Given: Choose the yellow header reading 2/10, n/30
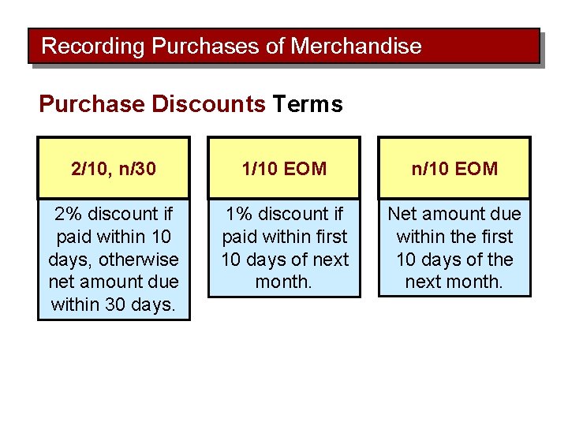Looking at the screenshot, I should tap(114, 168).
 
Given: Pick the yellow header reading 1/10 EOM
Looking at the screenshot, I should tap(284, 168).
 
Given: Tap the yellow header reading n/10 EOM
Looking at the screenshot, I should tap(454, 168).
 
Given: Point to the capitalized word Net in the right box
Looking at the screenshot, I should tap(402, 214).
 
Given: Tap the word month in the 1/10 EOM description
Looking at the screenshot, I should tap(283, 282).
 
